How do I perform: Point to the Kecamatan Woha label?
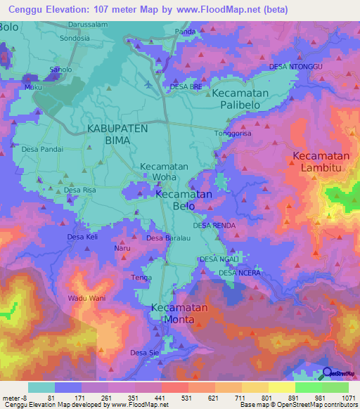pyautogui.click(x=164, y=173)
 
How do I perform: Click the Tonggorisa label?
pyautogui.click(x=233, y=133)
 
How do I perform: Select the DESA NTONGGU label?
pyautogui.click(x=295, y=67)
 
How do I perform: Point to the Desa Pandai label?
pyautogui.click(x=42, y=149)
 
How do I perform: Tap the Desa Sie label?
pyautogui.click(x=144, y=352)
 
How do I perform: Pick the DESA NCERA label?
pyautogui.click(x=240, y=273)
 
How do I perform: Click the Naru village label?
pyautogui.click(x=122, y=248)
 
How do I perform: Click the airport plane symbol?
pyautogui.click(x=147, y=84)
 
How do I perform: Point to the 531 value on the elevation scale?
pyautogui.click(x=174, y=398)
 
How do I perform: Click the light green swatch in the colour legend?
pyautogui.click(x=308, y=387)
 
